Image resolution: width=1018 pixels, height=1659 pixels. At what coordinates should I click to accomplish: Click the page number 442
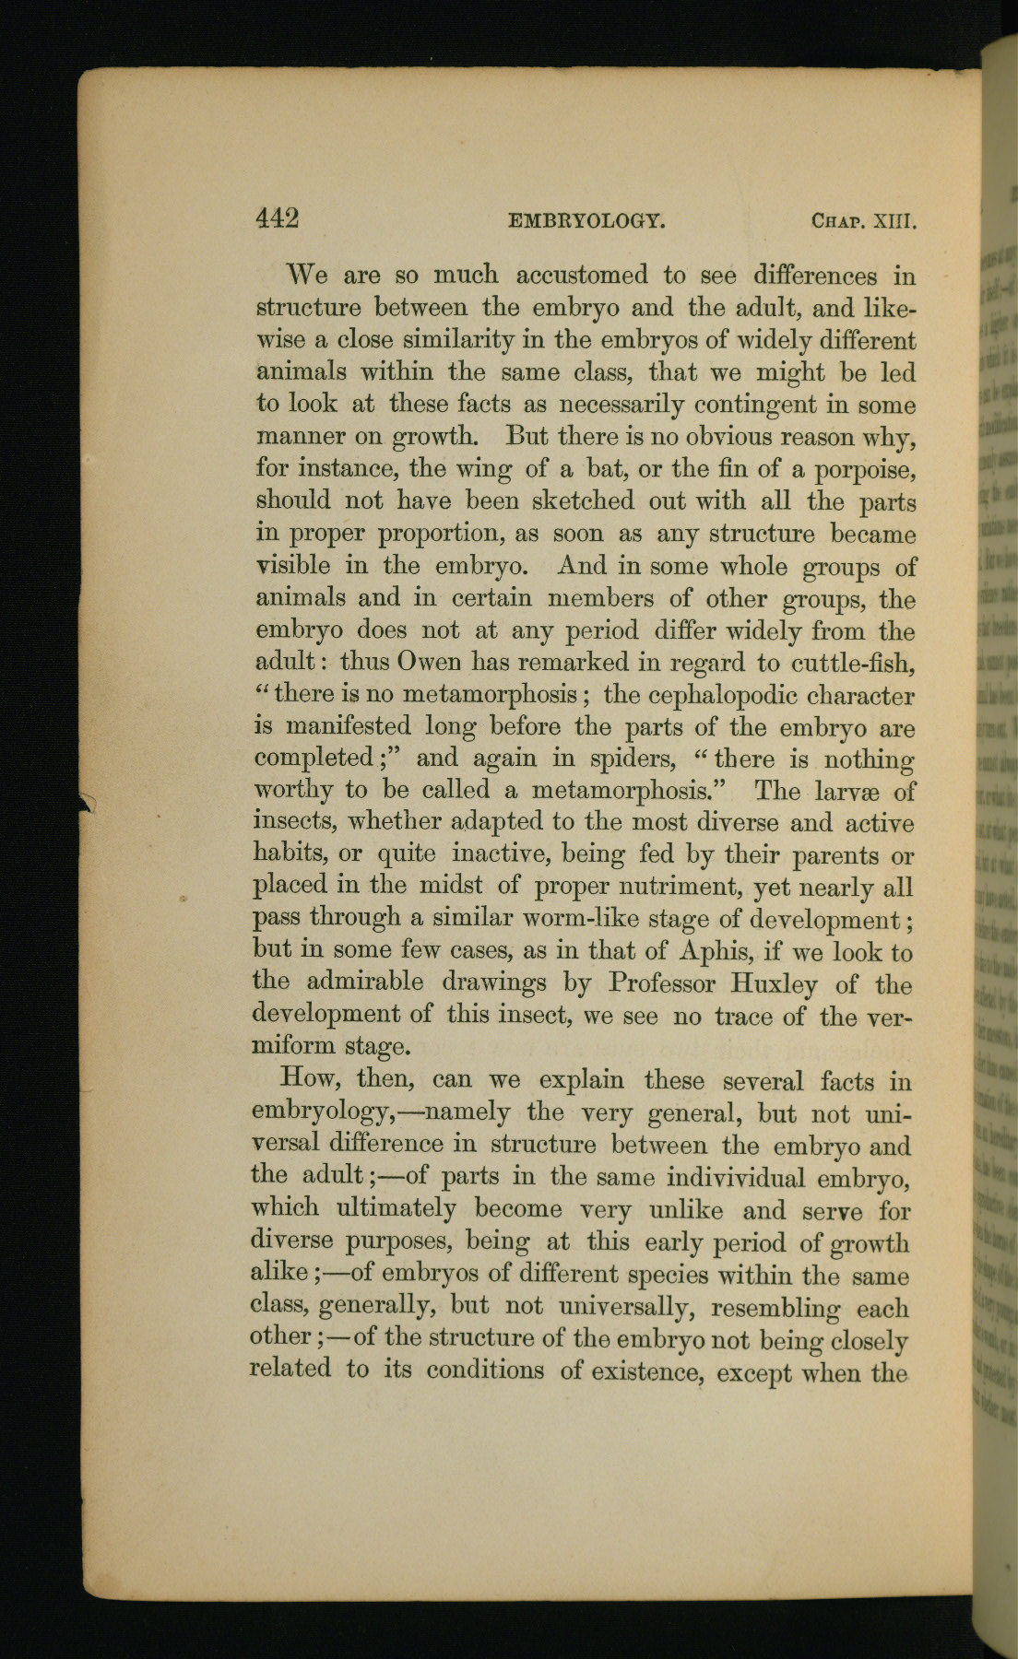278,218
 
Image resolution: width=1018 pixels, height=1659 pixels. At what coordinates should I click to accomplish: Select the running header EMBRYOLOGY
586,221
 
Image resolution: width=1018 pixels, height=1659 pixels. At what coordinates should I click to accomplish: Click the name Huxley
773,984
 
